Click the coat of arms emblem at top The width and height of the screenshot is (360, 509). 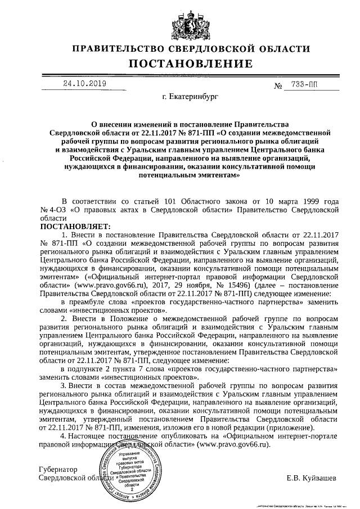pos(179,23)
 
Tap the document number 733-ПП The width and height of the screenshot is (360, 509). pos(304,85)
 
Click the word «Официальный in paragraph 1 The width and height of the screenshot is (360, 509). pos(114,277)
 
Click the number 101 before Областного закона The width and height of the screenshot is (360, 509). pos(170,201)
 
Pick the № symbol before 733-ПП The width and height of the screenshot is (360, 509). pos(277,86)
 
